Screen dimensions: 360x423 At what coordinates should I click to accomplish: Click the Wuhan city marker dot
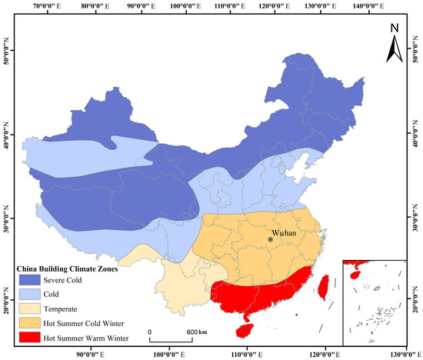click(270, 239)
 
